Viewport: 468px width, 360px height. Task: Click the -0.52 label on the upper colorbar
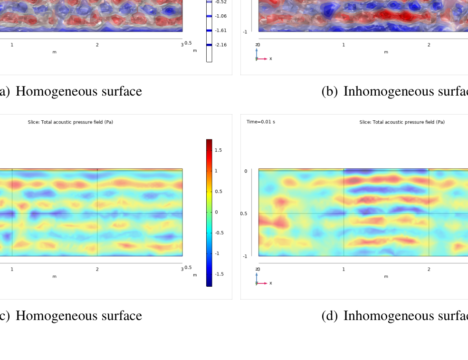220,2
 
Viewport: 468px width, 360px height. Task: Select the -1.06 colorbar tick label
220,16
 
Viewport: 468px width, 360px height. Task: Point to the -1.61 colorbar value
220,30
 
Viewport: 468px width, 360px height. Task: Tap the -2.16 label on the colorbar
220,45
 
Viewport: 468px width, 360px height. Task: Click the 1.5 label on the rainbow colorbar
218,150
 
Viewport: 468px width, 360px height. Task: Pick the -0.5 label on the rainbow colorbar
219,233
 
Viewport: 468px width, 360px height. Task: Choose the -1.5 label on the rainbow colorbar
219,274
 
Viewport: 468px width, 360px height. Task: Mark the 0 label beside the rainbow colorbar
216,212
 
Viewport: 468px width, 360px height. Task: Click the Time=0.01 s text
260,122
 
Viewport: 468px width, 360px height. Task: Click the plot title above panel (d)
402,122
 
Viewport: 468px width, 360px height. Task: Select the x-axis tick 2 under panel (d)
429,269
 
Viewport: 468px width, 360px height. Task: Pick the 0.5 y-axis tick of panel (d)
243,214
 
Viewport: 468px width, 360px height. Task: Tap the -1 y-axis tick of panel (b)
245,32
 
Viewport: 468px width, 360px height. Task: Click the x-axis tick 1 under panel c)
12,269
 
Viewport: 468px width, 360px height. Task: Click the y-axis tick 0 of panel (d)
246,171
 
